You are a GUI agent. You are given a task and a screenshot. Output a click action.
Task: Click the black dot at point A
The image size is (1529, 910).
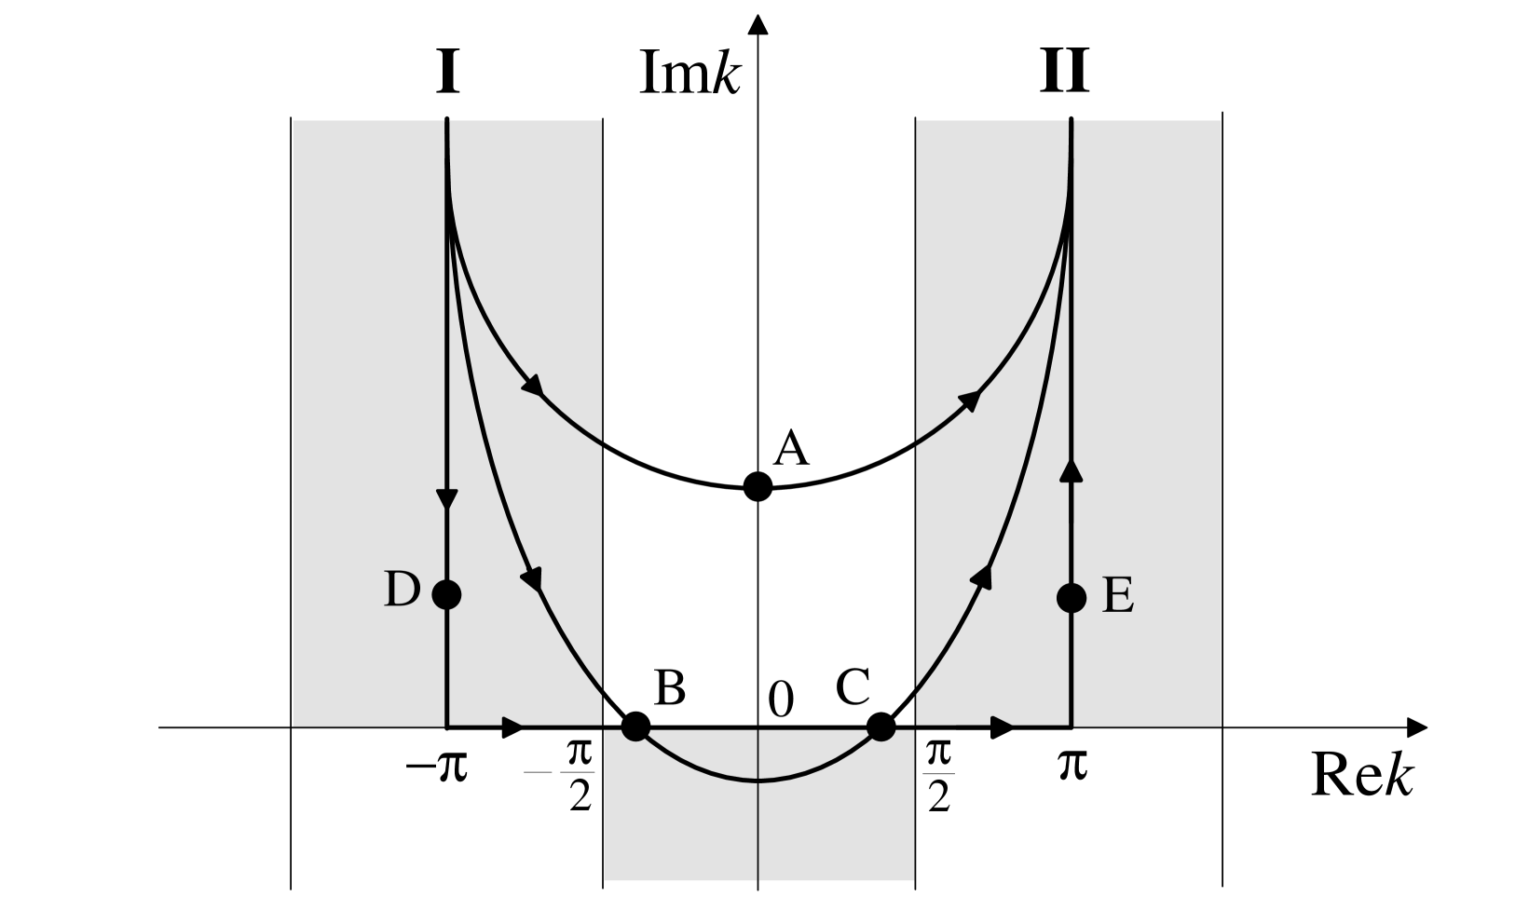pos(758,486)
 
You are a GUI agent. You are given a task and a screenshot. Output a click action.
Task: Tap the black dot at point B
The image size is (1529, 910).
pos(635,726)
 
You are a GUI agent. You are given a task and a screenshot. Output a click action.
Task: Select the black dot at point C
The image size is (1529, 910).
pos(881,726)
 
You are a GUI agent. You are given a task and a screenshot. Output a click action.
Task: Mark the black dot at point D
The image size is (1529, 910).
pos(447,593)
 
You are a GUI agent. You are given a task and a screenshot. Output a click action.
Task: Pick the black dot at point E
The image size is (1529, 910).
pos(1072,597)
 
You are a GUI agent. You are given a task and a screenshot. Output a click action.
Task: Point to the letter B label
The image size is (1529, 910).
pos(670,688)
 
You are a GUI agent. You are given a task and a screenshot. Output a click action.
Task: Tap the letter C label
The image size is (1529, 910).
pos(853,687)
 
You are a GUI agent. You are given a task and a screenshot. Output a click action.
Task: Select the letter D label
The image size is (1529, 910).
pos(403,590)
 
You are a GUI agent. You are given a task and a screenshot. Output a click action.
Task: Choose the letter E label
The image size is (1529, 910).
pos(1118,597)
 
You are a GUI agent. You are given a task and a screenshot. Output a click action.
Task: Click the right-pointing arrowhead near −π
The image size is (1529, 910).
pos(512,727)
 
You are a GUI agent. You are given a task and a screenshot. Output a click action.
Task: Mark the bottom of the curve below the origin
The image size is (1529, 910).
pos(758,781)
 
